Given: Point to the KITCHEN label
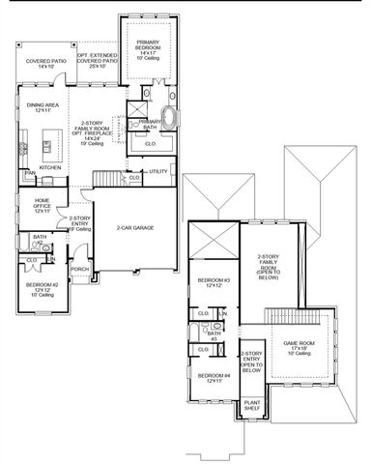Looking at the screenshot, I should click(x=50, y=166).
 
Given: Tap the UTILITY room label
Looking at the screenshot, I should click(x=158, y=171).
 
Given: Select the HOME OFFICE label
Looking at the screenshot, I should click(x=37, y=206).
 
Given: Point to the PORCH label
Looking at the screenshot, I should click(x=80, y=269).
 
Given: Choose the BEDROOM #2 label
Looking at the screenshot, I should click(x=43, y=288).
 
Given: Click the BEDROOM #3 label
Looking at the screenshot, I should click(x=212, y=283).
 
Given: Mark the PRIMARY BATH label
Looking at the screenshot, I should click(x=148, y=125).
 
